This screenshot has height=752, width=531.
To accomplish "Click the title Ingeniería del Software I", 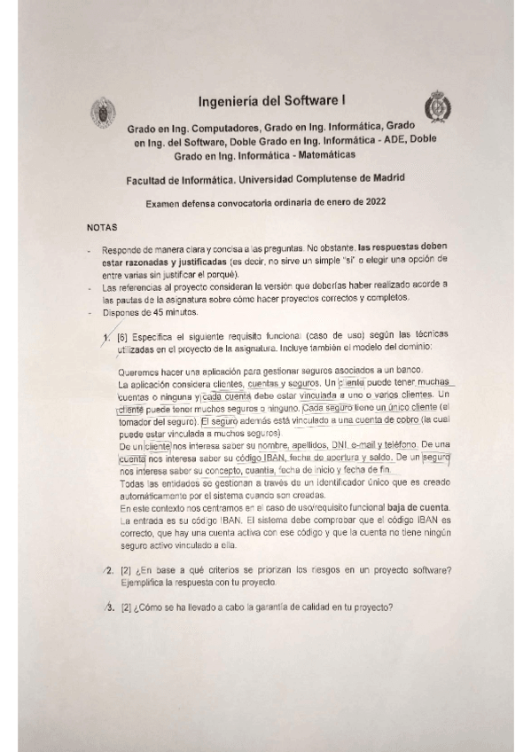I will pos(265,101).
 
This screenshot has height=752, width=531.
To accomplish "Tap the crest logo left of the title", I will pos(103,114).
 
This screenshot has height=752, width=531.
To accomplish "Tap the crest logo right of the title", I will pos(435,106).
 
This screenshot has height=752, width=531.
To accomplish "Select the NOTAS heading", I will pos(102,228).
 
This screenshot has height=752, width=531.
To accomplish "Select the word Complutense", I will pos(332,178).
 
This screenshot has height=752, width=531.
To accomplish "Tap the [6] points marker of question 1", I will pos(123,334).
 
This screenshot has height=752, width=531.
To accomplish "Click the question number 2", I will pos(109,568).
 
